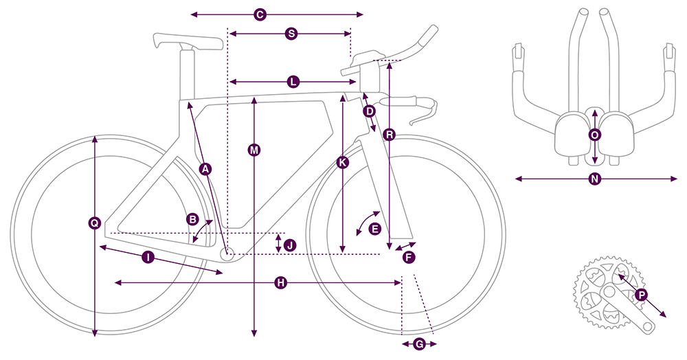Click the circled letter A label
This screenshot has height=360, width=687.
(205, 168)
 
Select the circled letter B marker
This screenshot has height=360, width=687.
(193, 219)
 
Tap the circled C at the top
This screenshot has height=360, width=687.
(260, 14)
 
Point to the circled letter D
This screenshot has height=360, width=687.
(369, 111)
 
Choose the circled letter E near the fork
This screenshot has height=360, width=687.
(374, 229)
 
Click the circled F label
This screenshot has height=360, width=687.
(409, 257)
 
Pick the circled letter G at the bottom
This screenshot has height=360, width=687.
(419, 344)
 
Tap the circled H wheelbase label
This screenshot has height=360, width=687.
(280, 282)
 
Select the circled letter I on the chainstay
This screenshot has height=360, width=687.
(147, 257)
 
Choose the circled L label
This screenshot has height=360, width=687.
(293, 82)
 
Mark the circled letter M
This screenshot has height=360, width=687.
(255, 150)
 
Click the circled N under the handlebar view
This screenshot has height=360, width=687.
(595, 179)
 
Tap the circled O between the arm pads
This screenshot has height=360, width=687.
(595, 135)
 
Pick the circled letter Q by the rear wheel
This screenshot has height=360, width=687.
(95, 222)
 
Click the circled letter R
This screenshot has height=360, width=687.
(390, 135)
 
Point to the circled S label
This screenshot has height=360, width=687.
(290, 33)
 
